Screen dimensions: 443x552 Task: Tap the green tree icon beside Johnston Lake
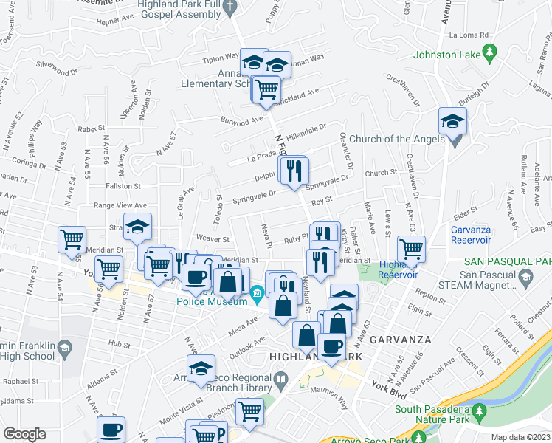tap(488, 52)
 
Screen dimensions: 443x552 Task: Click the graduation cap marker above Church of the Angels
tap(452, 121)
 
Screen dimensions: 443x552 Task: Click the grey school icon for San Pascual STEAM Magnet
tap(525, 278)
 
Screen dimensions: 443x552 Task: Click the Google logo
tap(24, 434)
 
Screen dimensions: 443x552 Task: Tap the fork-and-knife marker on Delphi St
tap(294, 171)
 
